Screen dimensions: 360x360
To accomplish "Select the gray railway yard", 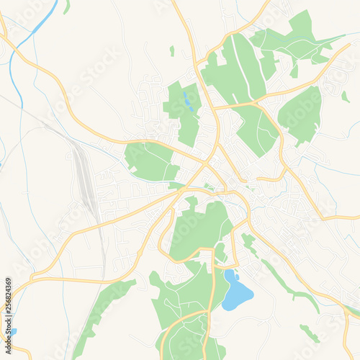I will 86,176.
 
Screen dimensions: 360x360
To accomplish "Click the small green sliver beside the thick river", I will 67,6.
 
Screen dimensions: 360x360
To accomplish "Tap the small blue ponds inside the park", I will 187,100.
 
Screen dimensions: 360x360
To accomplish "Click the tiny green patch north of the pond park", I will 172,50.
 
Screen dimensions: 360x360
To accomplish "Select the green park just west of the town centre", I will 150,161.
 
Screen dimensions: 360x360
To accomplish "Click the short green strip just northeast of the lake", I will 249,245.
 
